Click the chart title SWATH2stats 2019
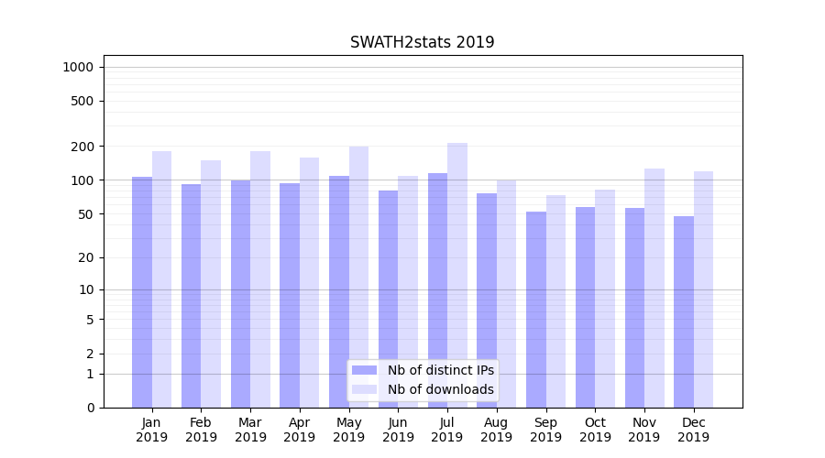422,42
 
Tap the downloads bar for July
457,275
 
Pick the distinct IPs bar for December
684,311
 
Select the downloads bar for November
654,288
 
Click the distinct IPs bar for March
240,293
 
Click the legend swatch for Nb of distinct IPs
364,370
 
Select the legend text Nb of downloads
440,389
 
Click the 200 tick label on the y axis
83,147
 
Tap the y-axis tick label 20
87,257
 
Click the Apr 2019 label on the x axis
300,430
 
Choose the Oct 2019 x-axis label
595,430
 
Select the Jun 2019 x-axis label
398,430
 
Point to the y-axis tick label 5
90,320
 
